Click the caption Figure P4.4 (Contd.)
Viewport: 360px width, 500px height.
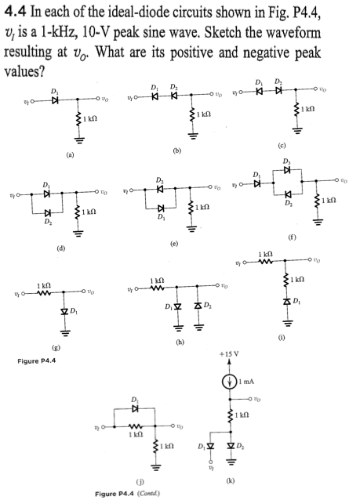coord(141,492)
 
